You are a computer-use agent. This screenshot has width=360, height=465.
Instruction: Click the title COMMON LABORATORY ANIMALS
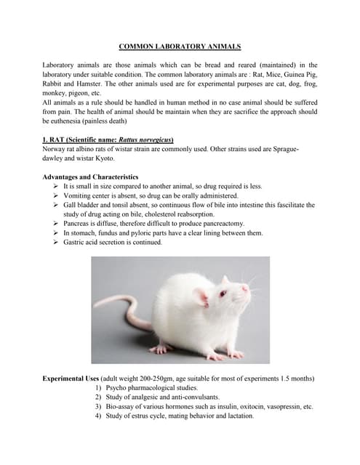pos(180,46)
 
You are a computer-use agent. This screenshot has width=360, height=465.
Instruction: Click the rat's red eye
pos(223,294)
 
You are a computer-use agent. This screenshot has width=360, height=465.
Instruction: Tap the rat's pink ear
pos(201,296)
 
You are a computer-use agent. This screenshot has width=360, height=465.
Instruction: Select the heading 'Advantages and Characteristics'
pos(90,177)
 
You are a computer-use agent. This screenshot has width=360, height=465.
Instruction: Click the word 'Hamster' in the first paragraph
pos(82,84)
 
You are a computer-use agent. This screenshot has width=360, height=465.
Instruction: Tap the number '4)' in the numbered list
pos(98,416)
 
